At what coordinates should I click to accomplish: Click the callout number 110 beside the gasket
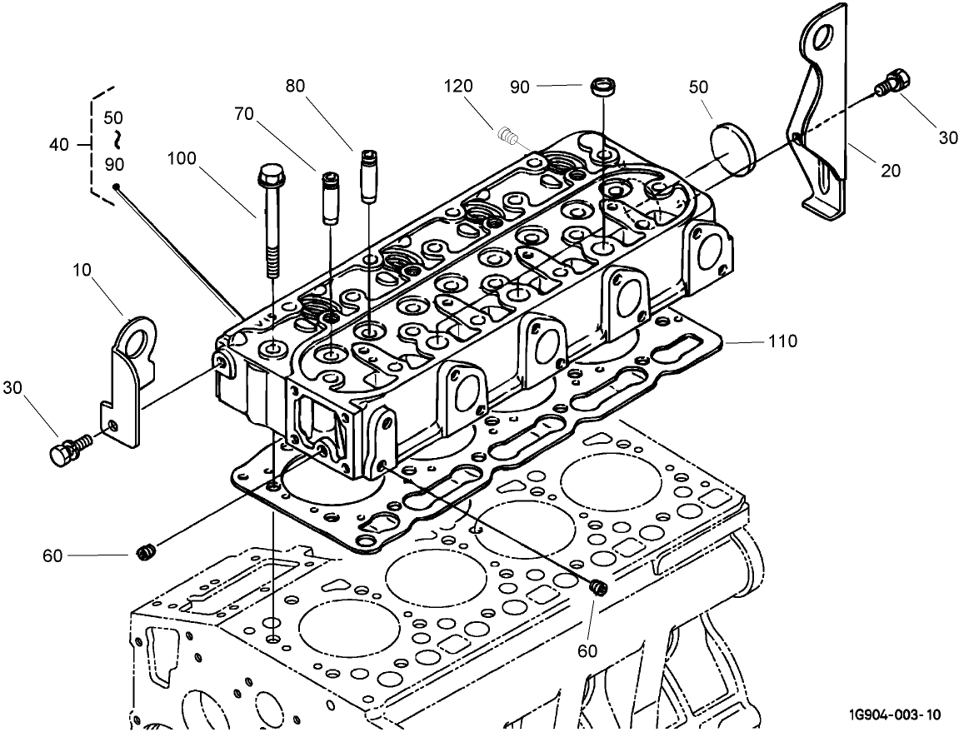[782, 341]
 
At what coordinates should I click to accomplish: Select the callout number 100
[181, 157]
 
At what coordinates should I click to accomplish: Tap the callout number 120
[457, 86]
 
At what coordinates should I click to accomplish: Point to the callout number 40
[58, 144]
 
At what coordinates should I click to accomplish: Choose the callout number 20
[891, 171]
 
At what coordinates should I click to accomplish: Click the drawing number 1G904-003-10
[896, 715]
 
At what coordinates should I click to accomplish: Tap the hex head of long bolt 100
[268, 176]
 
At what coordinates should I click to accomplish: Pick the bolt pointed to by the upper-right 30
[897, 83]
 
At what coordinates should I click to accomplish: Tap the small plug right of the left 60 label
[145, 551]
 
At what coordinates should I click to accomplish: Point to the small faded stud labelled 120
[507, 132]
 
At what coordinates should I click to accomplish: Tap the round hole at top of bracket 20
[822, 36]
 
